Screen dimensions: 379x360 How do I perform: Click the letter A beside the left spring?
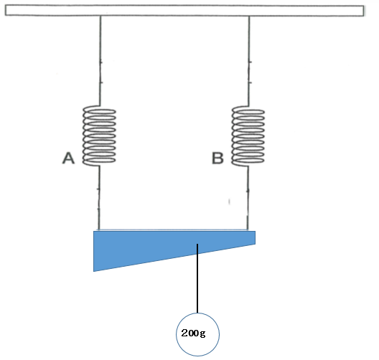pyautogui.click(x=68, y=158)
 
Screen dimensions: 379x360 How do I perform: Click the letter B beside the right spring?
pyautogui.click(x=217, y=158)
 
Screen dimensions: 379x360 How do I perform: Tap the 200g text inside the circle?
pyautogui.click(x=193, y=333)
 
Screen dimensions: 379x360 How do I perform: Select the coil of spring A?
pyautogui.click(x=99, y=136)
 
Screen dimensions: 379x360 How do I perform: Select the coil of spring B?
pyautogui.click(x=248, y=136)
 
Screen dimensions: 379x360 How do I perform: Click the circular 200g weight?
pyautogui.click(x=197, y=334)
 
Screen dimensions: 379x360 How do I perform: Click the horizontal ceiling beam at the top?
pyautogui.click(x=184, y=11)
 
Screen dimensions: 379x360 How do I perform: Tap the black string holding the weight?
pyautogui.click(x=197, y=278)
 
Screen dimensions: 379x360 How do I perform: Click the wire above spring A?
pyautogui.click(x=100, y=61)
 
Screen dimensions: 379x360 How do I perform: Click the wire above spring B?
pyautogui.click(x=249, y=61)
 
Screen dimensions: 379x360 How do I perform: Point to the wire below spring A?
pyautogui.click(x=98, y=198)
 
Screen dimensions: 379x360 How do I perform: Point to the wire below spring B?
pyautogui.click(x=248, y=198)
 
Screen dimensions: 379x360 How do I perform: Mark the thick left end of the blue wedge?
pyautogui.click(x=94, y=251)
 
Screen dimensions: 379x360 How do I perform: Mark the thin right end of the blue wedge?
pyautogui.click(x=255, y=237)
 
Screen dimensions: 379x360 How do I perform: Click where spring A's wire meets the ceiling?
pyautogui.click(x=100, y=16)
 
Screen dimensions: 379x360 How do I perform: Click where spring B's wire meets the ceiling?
pyautogui.click(x=249, y=16)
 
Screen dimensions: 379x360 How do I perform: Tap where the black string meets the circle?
pyautogui.click(x=197, y=313)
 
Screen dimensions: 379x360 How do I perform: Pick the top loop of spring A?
pyautogui.click(x=99, y=111)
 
